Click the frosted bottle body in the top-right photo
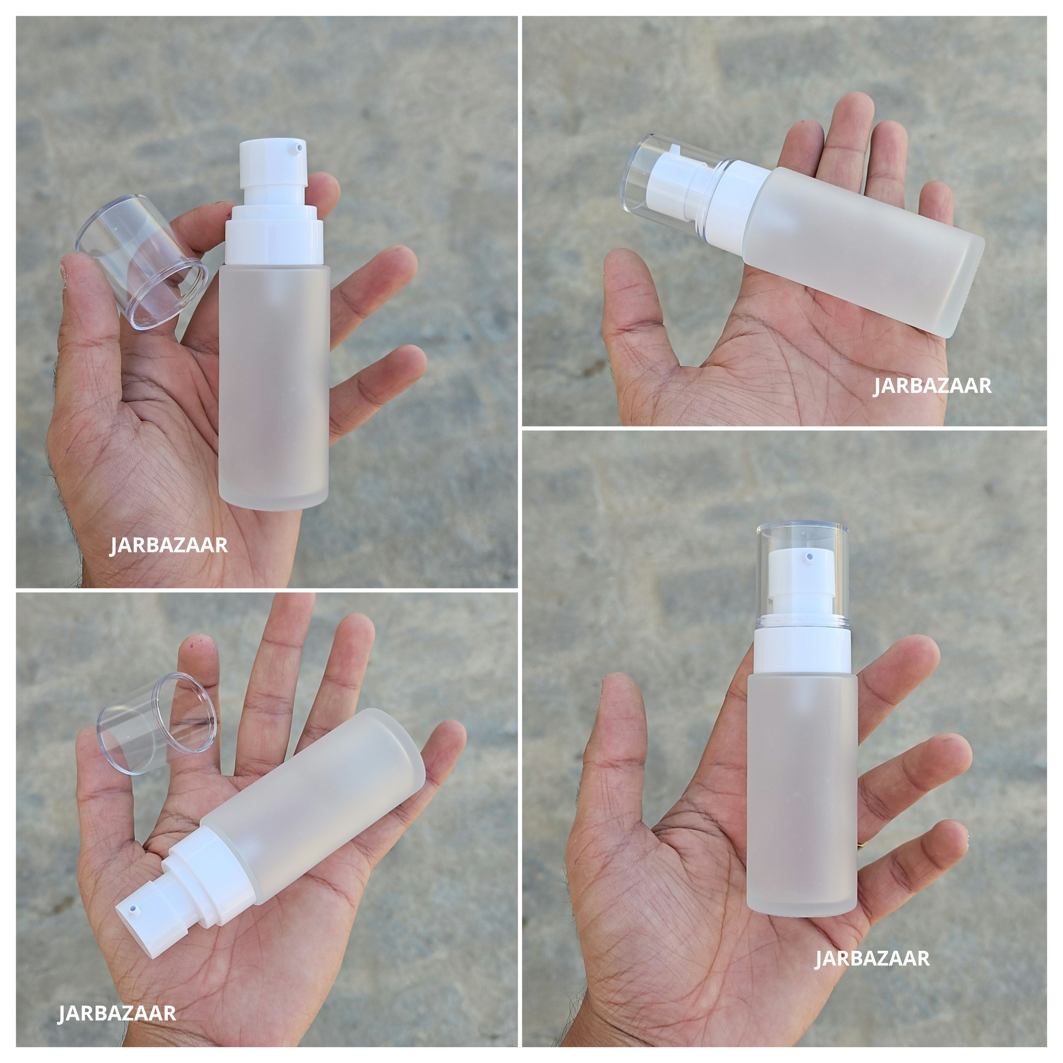[x=864, y=248]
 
